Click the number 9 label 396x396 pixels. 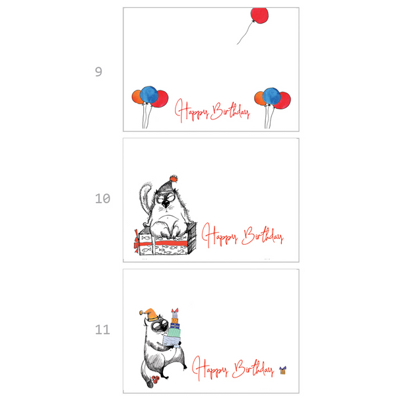pos(98,72)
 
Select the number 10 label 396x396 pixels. pos(102,199)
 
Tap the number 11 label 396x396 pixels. pos(102,329)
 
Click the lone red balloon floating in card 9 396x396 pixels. pos(259,15)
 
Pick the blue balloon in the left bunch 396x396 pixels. pos(149,94)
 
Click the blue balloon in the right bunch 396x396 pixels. pos(271,96)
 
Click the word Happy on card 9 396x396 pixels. pos(191,111)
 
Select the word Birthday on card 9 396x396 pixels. pos(230,111)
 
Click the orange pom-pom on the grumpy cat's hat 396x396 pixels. pos(174,179)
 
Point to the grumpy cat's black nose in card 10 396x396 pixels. pos(166,203)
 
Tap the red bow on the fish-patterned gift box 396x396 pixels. pos(137,242)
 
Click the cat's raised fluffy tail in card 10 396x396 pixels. pos(145,196)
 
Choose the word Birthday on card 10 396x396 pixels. pos(263,236)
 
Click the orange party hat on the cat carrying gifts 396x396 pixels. pos(150,314)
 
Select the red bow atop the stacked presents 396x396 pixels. pos(175,310)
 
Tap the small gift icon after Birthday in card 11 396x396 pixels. pos(283,370)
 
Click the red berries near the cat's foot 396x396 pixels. pos(155,379)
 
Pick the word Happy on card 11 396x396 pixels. pos(210,368)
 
